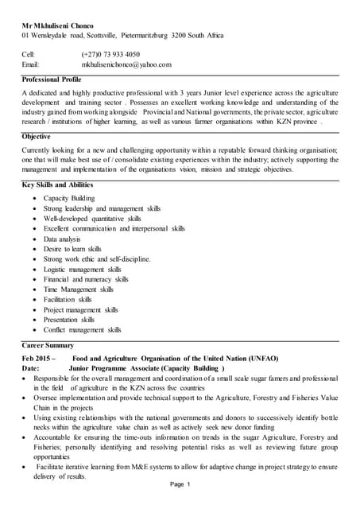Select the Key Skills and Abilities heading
pyautogui.click(x=62, y=185)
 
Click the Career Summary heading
pyautogui.click(x=48, y=345)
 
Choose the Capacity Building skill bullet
pyautogui.click(x=69, y=198)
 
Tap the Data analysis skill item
pyautogui.click(x=62, y=239)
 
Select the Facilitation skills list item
pyautogui.click(x=68, y=300)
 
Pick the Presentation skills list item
pyautogui.click(x=68, y=320)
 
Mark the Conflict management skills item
pyautogui.click(x=82, y=330)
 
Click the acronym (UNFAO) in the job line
pyautogui.click(x=258, y=359)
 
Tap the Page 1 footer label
pyautogui.click(x=180, y=484)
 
